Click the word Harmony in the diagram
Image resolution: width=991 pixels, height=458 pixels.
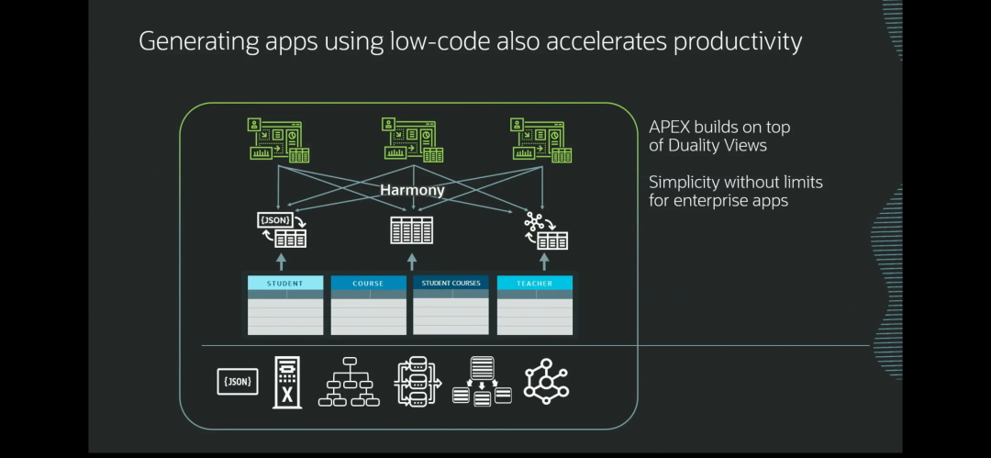412,191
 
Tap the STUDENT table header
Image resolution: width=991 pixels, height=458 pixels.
285,284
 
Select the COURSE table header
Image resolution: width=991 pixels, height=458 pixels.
369,284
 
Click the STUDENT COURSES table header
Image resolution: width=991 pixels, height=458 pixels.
451,284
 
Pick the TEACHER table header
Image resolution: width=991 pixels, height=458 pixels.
534,284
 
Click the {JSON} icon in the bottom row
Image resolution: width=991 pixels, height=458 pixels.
238,382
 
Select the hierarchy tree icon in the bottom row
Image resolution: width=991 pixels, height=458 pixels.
349,382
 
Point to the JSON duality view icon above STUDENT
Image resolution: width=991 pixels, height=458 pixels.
283,229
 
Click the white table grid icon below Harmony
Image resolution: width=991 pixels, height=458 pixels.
411,229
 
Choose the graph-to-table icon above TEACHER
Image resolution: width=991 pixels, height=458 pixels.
545,229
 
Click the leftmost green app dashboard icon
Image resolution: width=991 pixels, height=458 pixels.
278,140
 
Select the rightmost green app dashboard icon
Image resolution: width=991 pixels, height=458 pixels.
541,140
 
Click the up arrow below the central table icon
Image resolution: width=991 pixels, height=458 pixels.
412,262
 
